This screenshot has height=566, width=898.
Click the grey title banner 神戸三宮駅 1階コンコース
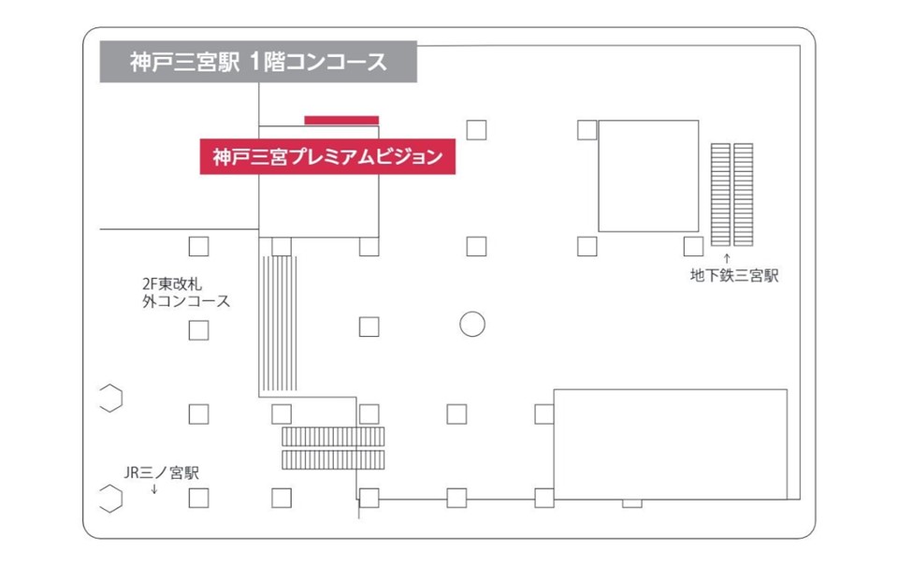click(258, 63)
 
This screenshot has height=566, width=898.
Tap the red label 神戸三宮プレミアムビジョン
click(327, 157)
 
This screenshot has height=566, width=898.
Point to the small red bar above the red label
click(341, 120)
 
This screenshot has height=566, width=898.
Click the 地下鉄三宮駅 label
click(734, 276)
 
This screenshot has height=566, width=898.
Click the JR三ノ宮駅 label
click(162, 472)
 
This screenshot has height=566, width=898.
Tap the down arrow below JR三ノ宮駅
click(154, 488)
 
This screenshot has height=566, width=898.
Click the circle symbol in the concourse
click(472, 325)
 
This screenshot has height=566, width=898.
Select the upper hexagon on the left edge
click(111, 398)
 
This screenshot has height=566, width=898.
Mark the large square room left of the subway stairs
click(648, 175)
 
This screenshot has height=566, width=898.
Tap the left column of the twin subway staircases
click(720, 192)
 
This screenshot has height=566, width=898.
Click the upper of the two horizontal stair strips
click(333, 437)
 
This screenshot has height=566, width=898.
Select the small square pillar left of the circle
click(369, 327)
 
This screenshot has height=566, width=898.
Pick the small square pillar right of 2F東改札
click(198, 247)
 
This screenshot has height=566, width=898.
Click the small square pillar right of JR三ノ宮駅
click(198, 498)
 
